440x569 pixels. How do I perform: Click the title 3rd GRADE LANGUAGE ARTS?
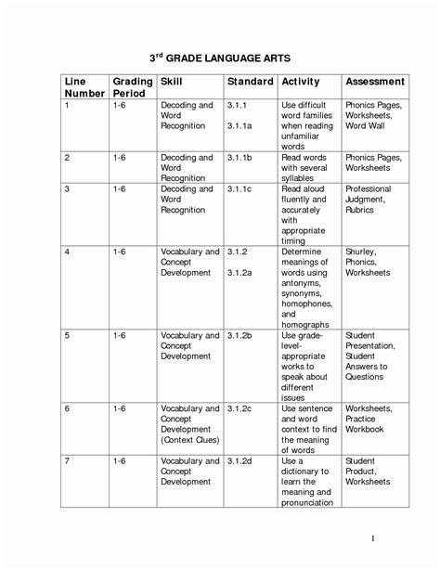(x=220, y=58)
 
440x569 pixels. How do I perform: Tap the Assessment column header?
(x=374, y=82)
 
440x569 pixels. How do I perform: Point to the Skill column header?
(x=172, y=82)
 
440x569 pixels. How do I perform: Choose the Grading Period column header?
(x=132, y=88)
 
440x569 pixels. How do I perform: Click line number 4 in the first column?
(x=67, y=252)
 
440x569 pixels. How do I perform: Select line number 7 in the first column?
(x=67, y=460)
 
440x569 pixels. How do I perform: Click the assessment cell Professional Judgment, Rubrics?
(x=369, y=200)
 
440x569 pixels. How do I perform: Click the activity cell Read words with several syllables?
(x=304, y=168)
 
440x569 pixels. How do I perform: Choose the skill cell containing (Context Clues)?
(x=191, y=440)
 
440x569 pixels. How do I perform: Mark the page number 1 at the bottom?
(x=372, y=538)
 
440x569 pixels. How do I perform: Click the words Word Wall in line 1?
(x=366, y=126)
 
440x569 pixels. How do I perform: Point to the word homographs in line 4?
(x=305, y=325)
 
